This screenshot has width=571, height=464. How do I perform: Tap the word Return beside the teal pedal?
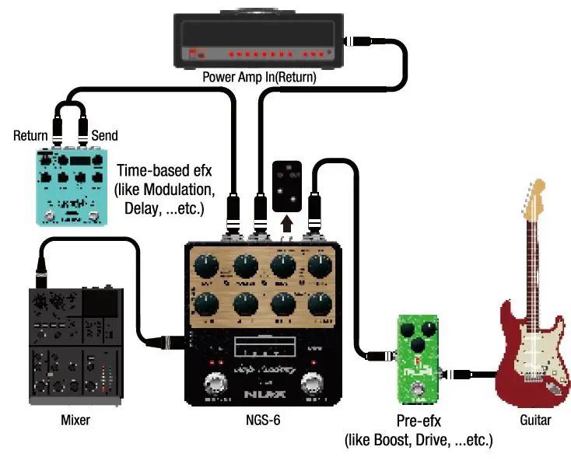[x=30, y=136]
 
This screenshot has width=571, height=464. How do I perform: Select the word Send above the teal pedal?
[x=105, y=136]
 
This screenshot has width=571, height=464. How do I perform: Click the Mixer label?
[x=75, y=420]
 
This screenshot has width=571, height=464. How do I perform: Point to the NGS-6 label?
[x=262, y=420]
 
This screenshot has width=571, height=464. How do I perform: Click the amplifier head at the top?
[x=258, y=39]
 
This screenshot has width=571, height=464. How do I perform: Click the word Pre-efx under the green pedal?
[x=416, y=422]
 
